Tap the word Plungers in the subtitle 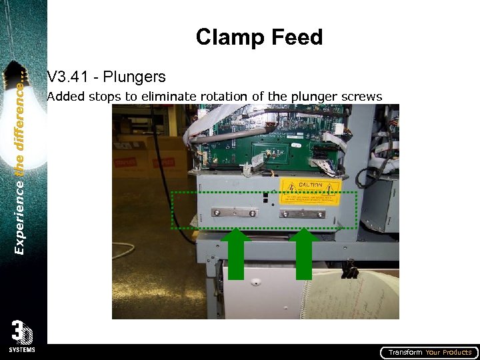coord(136,78)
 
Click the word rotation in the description coord(225,97)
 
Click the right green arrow coord(305,254)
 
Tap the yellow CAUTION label coord(310,191)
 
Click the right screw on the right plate coord(321,214)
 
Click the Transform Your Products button coord(429,352)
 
